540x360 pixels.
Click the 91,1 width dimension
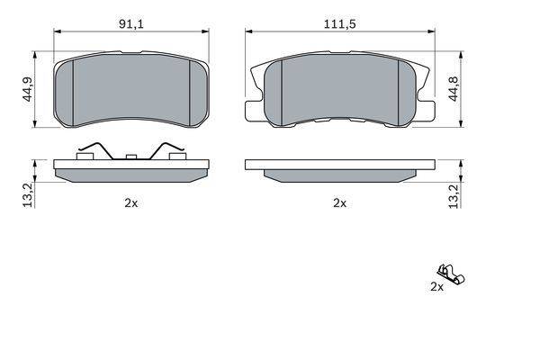point(131,24)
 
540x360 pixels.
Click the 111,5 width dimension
point(339,24)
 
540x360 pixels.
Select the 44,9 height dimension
point(28,89)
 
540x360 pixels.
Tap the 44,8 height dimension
point(454,89)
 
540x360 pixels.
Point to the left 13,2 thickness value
point(29,195)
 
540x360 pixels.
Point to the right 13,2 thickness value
point(454,196)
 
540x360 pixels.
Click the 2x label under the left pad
point(131,203)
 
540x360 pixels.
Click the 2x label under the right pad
point(339,203)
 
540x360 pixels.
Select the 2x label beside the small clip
point(437,286)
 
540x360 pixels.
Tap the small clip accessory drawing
point(451,274)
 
